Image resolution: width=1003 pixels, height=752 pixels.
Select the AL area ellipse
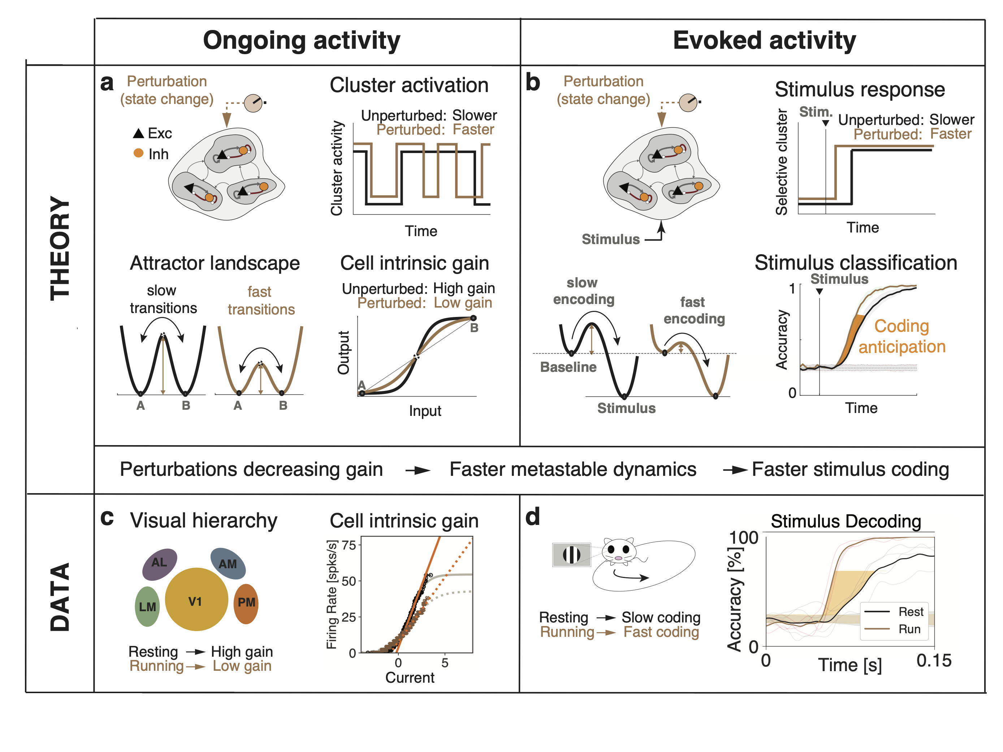tap(159, 564)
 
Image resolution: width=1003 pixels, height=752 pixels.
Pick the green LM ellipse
tap(147, 606)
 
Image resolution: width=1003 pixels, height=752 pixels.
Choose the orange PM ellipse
tap(246, 603)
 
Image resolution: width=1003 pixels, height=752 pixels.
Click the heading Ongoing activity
tap(302, 41)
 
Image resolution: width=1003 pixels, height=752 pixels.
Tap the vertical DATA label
tap(60, 597)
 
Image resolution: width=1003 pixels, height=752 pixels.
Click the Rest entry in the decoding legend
tap(911, 612)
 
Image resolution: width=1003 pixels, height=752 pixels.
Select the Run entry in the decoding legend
tap(909, 629)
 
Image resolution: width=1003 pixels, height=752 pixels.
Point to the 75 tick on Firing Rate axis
tap(348, 545)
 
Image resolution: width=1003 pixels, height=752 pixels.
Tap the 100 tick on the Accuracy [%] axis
tap(744, 538)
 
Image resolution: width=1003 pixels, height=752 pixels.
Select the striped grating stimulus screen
tap(571, 555)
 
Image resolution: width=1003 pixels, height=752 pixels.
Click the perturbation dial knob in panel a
tap(253, 103)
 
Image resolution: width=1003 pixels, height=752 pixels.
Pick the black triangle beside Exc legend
tap(138, 133)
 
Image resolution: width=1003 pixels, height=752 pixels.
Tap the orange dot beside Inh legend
tap(138, 153)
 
